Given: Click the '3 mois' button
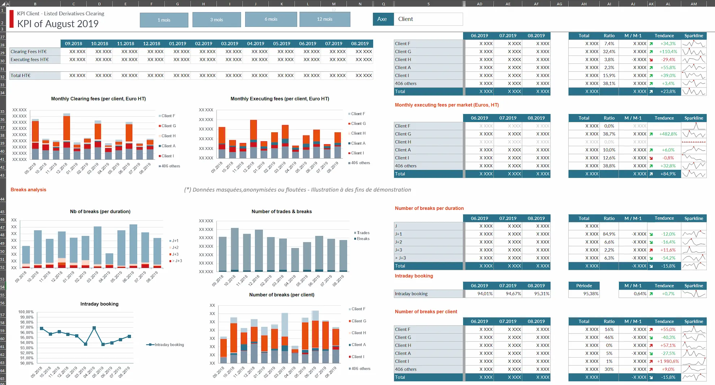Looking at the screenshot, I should click(x=216, y=20).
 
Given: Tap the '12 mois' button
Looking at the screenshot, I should click(x=324, y=19).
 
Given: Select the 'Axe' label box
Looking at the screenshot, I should click(x=382, y=19).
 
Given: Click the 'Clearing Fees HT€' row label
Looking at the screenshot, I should click(x=29, y=52).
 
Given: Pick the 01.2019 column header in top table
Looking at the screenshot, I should click(x=178, y=44).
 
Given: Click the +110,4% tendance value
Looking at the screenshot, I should click(x=668, y=52).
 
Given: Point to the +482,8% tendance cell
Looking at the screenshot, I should click(x=667, y=134).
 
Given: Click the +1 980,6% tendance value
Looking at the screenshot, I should click(x=668, y=361).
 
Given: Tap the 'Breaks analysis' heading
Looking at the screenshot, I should click(x=28, y=190).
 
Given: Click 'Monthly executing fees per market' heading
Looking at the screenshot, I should click(x=446, y=105).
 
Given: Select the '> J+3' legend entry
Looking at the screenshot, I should click(x=177, y=261).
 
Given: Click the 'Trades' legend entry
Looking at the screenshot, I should click(x=363, y=233).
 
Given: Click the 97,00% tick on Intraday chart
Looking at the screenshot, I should click(x=26, y=327).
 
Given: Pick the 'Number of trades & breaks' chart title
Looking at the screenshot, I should click(x=281, y=212).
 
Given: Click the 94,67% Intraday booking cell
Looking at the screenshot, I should click(x=513, y=294).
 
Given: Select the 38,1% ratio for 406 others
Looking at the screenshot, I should click(x=609, y=84).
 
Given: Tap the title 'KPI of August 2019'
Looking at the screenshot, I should click(x=58, y=24).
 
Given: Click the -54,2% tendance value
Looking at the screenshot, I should click(x=668, y=258).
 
